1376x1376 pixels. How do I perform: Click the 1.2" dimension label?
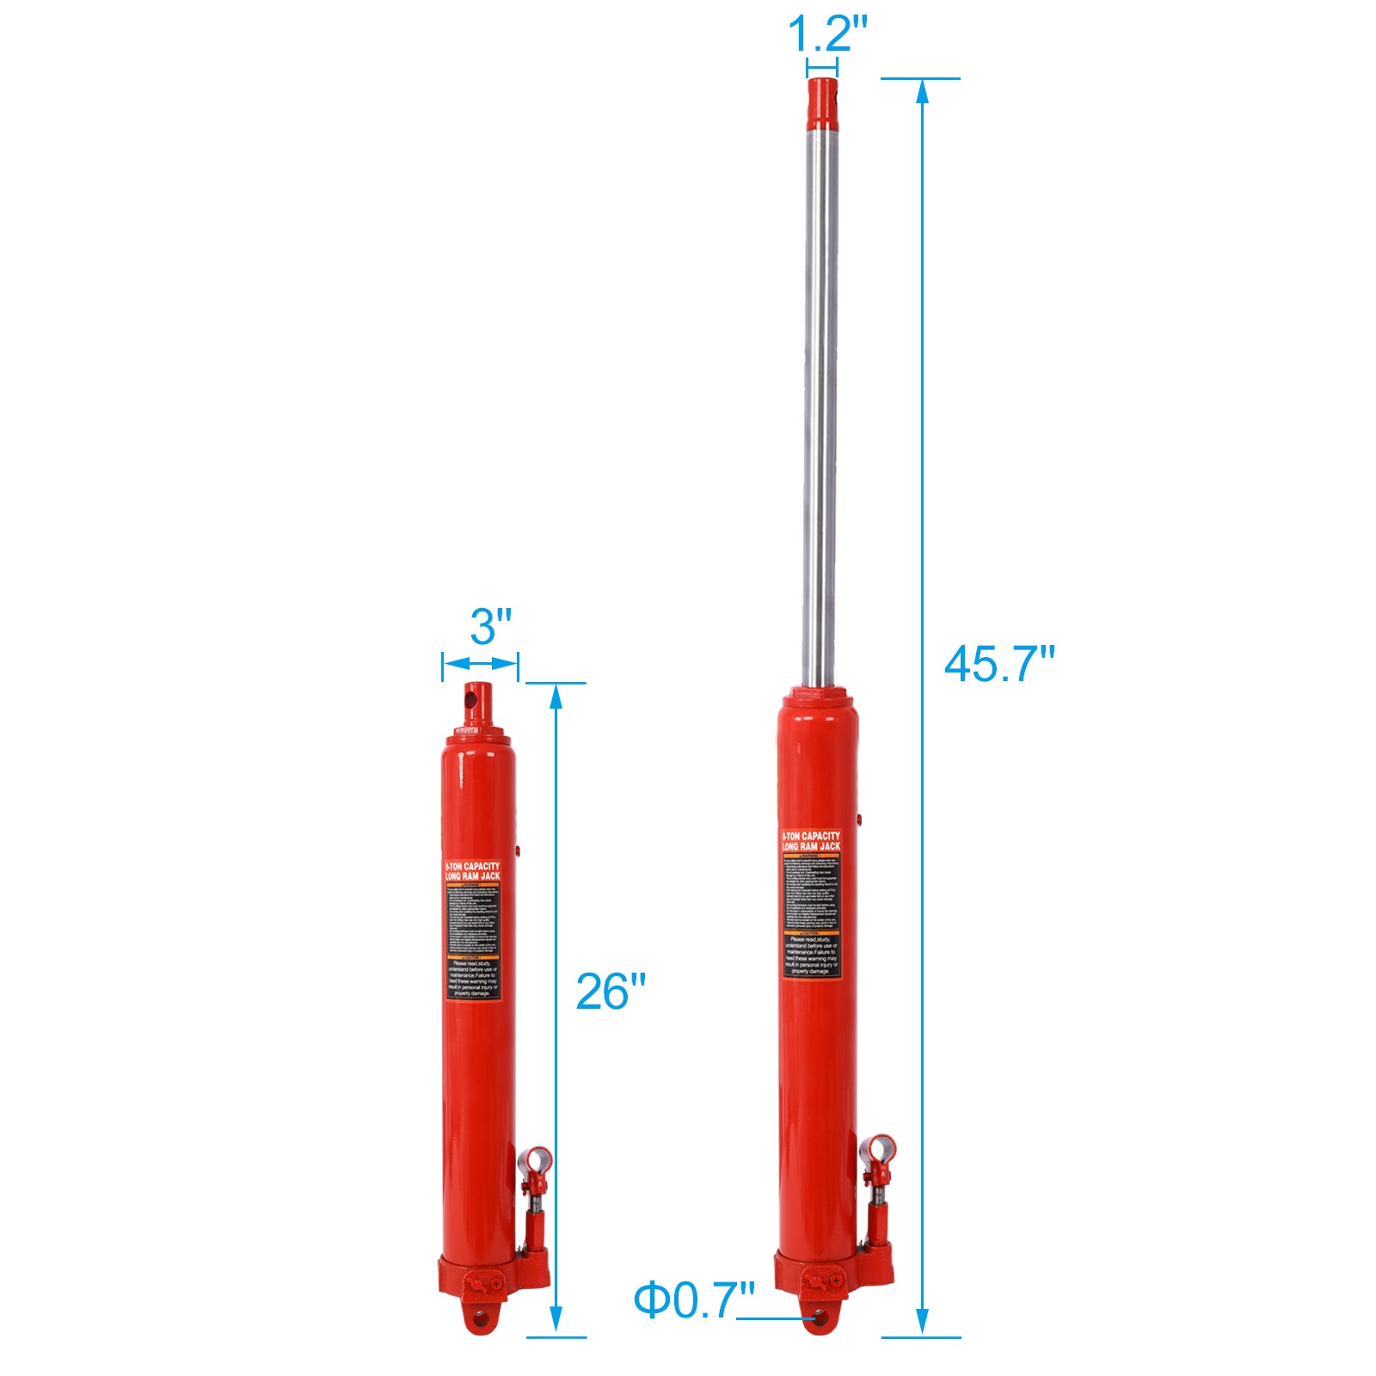pyautogui.click(x=827, y=34)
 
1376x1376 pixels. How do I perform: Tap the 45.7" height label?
pyautogui.click(x=998, y=664)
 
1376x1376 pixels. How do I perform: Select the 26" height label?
pyautogui.click(x=610, y=992)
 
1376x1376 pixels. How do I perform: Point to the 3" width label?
pyautogui.click(x=491, y=626)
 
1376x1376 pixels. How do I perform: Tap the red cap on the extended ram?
pyautogui.click(x=822, y=100)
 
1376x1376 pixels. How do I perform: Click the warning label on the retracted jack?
pyautogui.click(x=473, y=930)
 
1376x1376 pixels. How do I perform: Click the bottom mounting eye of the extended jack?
pyautogui.click(x=820, y=1317)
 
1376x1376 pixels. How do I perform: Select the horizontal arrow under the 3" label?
pyautogui.click(x=481, y=663)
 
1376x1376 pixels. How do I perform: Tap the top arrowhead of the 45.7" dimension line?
pyautogui.click(x=922, y=90)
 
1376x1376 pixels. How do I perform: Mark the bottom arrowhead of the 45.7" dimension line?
pyautogui.click(x=922, y=1324)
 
